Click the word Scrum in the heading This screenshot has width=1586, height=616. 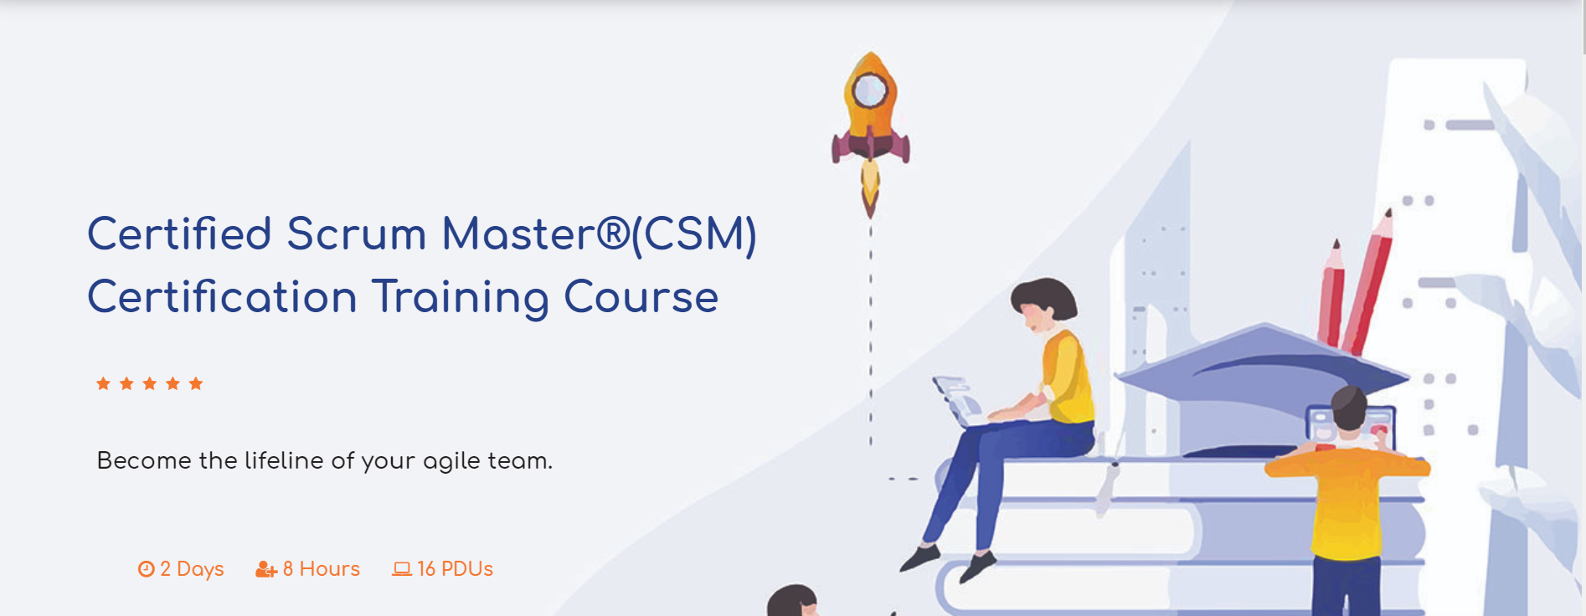pos(356,234)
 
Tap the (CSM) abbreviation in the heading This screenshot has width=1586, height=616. pos(694,234)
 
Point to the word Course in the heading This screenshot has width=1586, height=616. pos(641,298)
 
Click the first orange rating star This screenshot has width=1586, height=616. pos(103,384)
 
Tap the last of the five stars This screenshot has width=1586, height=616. pos(196,384)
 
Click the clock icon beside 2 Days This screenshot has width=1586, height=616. pos(147,569)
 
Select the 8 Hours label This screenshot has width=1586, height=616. pos(321,569)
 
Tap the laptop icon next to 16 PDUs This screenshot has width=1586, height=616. pos(402,569)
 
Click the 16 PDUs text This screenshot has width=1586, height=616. pos(455,569)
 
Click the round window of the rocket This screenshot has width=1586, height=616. pos(870,90)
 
